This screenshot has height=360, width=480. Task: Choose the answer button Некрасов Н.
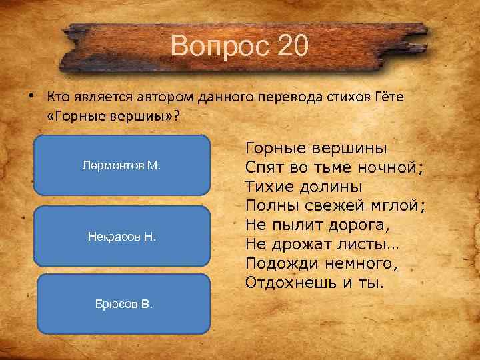121,237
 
